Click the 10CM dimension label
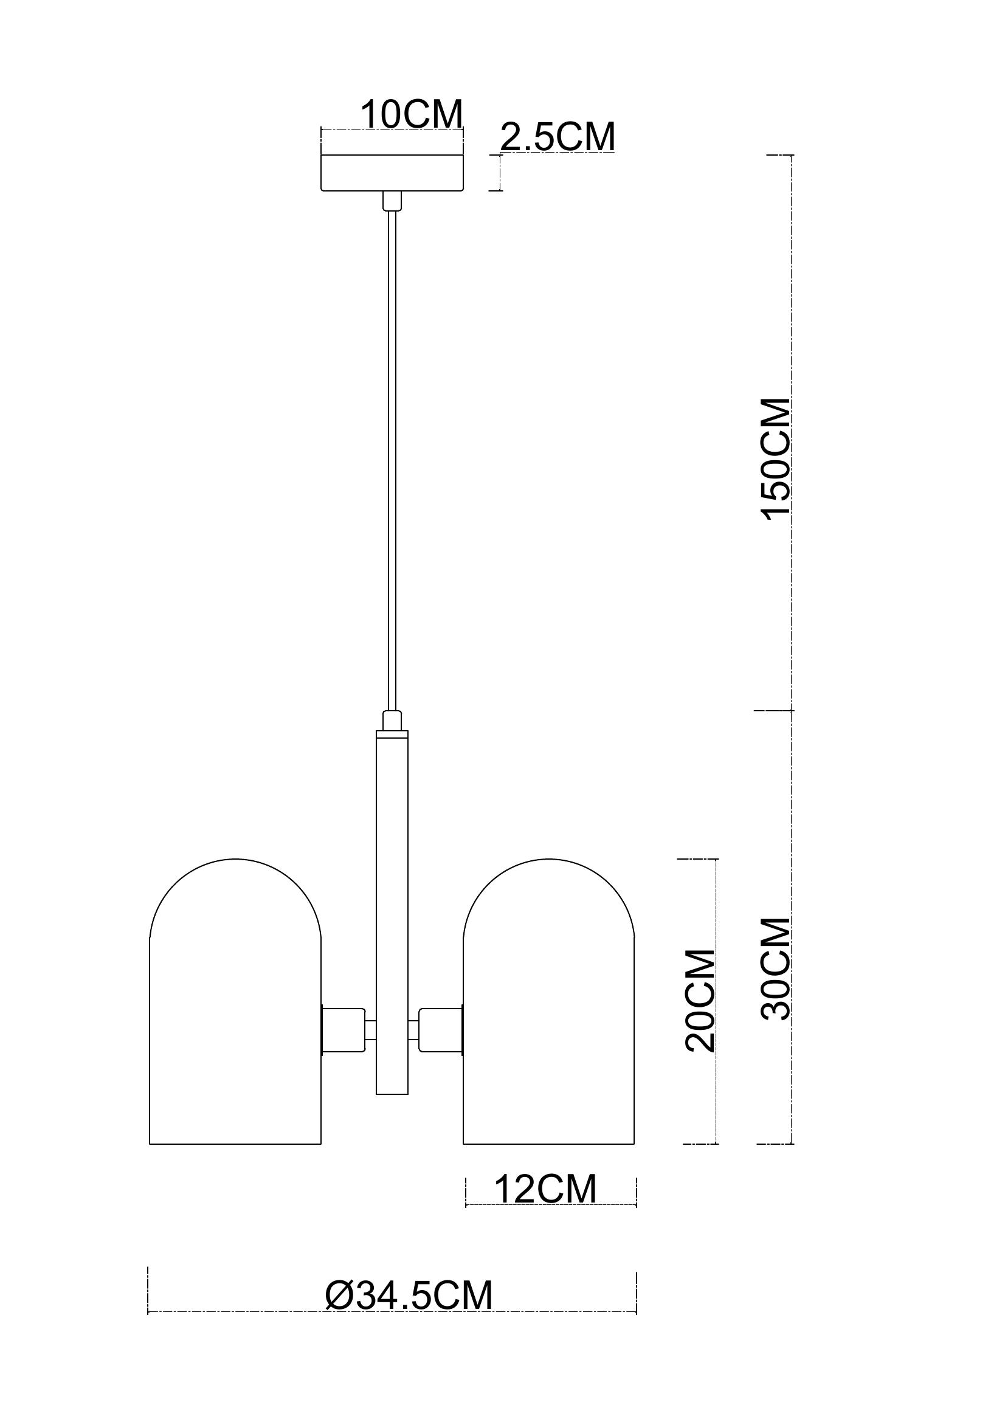tap(412, 114)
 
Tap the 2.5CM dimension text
tap(558, 137)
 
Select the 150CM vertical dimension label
tap(777, 459)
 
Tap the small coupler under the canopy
tap(392, 201)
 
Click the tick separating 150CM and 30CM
tap(774, 710)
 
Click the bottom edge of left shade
tap(235, 1144)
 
